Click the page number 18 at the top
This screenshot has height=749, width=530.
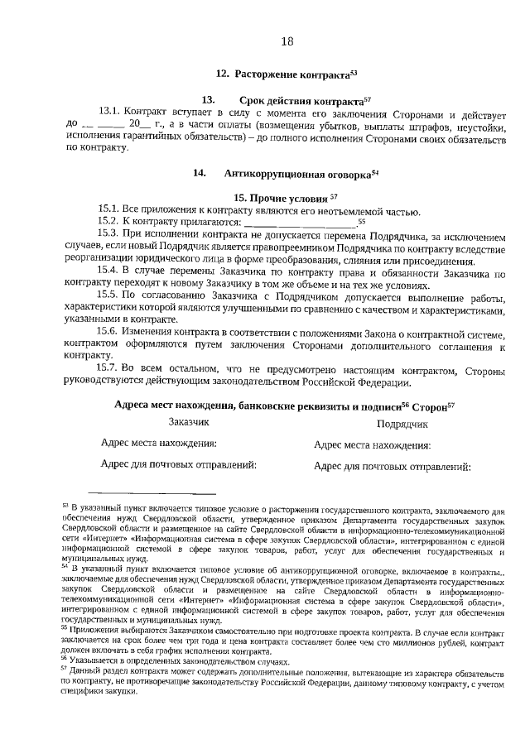pyautogui.click(x=287, y=41)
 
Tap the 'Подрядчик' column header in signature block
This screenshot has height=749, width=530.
pyautogui.click(x=402, y=424)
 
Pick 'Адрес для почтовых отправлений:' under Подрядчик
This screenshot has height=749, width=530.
pyautogui.click(x=392, y=466)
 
